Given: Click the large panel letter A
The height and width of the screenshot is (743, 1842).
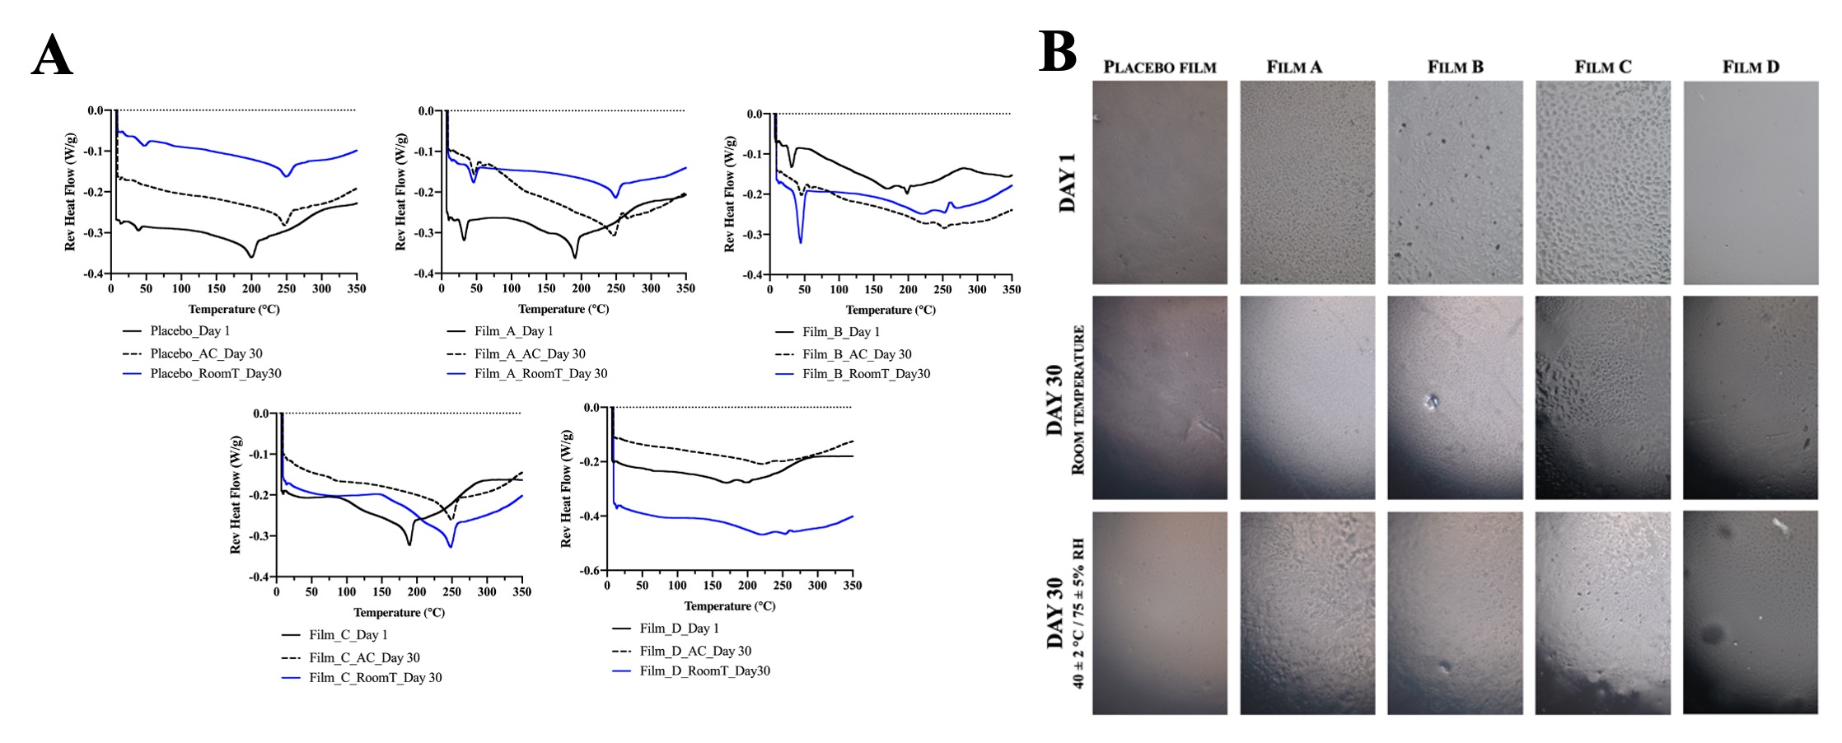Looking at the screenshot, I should (52, 56).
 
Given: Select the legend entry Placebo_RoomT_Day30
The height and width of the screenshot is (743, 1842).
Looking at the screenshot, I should (215, 374).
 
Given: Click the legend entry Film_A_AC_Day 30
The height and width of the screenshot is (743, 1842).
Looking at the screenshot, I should (529, 354).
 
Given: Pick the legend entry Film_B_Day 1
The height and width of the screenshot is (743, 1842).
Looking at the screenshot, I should (840, 332).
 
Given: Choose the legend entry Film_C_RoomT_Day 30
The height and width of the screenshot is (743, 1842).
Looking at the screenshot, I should (375, 678).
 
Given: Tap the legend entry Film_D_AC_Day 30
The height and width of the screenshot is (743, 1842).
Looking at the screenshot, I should (694, 651).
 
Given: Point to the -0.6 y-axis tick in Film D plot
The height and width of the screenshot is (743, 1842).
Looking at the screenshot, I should (591, 570).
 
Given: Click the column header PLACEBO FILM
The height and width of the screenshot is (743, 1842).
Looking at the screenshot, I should (1159, 68).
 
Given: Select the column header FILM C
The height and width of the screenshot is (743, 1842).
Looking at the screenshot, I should (1602, 68).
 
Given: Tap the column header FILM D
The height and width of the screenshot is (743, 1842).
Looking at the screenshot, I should (1751, 68).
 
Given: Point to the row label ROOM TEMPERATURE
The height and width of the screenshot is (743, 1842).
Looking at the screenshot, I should (1078, 400).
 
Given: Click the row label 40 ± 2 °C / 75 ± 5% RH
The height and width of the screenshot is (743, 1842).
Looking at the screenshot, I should (1078, 614).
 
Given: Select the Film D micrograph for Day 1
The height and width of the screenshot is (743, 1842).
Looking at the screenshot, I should (1751, 183).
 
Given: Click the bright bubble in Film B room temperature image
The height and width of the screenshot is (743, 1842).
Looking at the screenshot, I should (1432, 402).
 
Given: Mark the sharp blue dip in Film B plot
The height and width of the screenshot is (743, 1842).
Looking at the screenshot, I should (800, 240).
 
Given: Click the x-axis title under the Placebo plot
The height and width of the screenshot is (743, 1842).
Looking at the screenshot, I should (234, 310).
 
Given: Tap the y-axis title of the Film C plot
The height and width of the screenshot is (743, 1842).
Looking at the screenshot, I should (236, 494).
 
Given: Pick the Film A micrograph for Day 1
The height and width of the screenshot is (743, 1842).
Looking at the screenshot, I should (1307, 183).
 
